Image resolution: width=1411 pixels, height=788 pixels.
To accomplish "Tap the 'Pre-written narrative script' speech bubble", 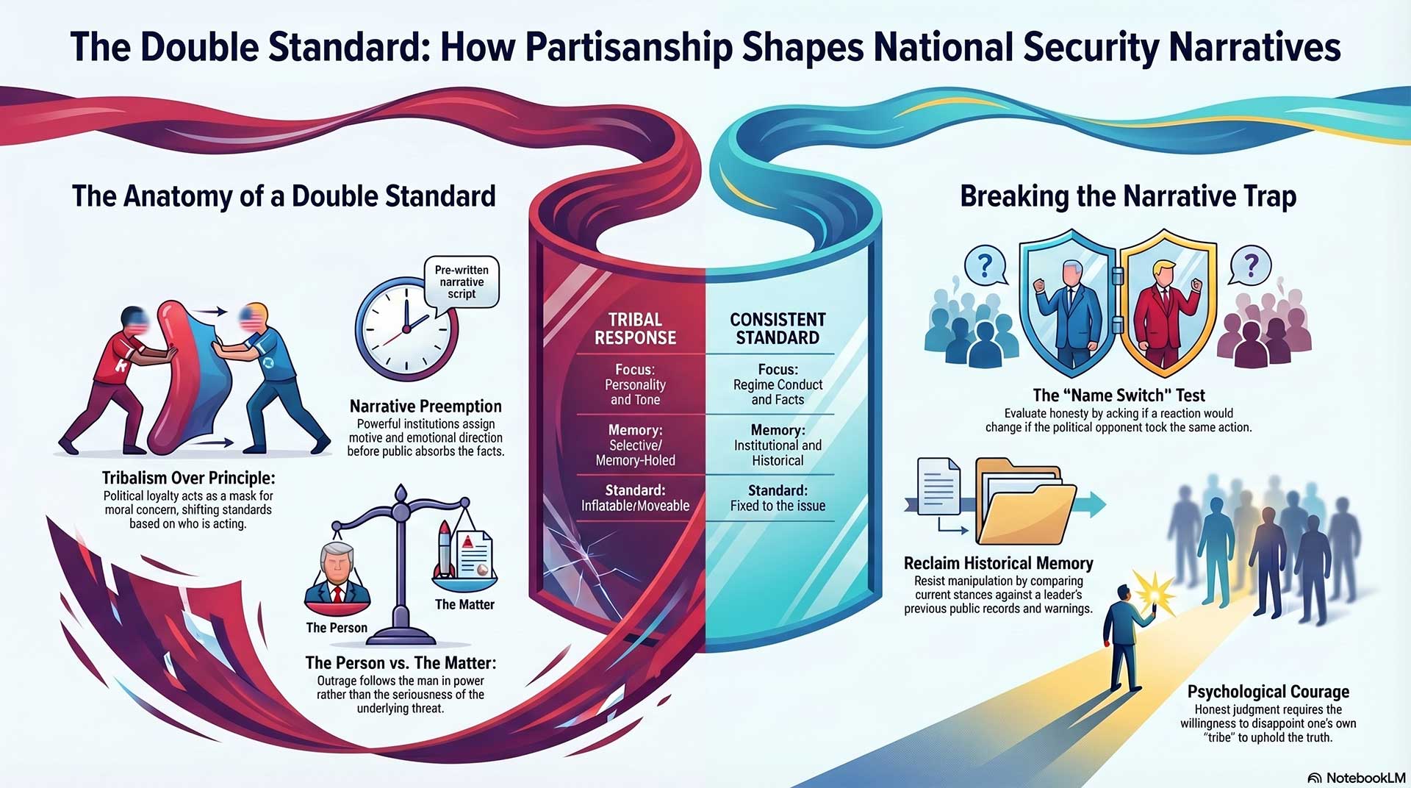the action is point(462,282).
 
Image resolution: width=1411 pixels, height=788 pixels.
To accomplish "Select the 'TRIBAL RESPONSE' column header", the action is point(635,329).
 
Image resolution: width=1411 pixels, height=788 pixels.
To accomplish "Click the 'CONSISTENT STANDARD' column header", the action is point(778,329).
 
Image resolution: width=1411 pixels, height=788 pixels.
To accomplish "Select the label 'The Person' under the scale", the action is point(337,628).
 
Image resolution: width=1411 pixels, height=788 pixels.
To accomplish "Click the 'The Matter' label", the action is point(464,604).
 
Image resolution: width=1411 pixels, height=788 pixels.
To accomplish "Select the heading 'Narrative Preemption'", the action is point(426,406).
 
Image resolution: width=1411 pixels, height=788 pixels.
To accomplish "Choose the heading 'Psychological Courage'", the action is point(1268,692).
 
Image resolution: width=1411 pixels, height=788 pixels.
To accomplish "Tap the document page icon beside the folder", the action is point(938,487).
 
